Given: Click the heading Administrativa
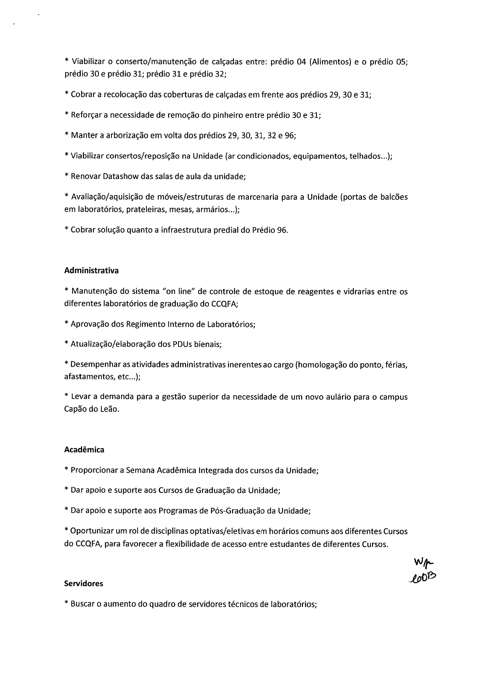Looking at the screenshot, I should tap(91, 270).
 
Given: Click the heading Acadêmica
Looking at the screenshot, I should tap(84, 450).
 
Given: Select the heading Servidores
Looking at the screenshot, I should tap(84, 583).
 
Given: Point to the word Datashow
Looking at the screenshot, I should tap(119, 176).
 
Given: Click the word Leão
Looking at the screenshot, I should tap(110, 409).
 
